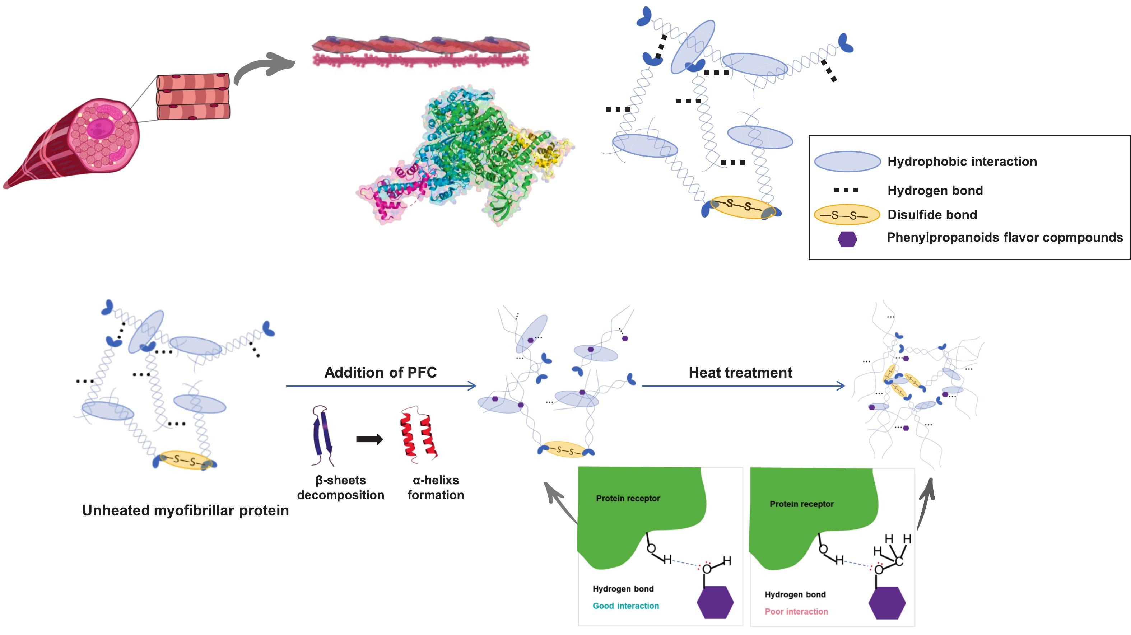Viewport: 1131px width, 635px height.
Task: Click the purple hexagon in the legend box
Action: (847, 239)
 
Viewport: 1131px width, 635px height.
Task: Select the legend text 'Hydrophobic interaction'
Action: (962, 162)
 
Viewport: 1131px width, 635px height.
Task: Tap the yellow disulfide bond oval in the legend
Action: (847, 215)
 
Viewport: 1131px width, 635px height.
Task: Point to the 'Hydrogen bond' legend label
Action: (935, 191)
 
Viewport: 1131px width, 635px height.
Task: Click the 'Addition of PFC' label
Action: (380, 373)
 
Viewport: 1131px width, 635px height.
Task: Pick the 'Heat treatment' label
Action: (740, 373)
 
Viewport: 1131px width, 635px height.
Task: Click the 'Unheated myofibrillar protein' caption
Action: (185, 510)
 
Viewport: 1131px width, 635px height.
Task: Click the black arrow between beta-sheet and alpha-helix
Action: (369, 439)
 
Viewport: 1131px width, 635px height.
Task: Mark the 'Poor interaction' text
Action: (796, 612)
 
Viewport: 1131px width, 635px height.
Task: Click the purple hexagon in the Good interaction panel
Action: (715, 603)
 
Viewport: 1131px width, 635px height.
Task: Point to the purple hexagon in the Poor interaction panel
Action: (886, 603)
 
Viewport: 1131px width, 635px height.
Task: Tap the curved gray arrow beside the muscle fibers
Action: (264, 67)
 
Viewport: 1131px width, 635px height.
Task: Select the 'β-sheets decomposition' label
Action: (340, 487)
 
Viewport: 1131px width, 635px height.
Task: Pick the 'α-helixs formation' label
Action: (436, 487)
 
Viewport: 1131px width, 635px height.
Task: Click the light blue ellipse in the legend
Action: (847, 162)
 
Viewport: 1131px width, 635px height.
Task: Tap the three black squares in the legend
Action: (846, 190)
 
